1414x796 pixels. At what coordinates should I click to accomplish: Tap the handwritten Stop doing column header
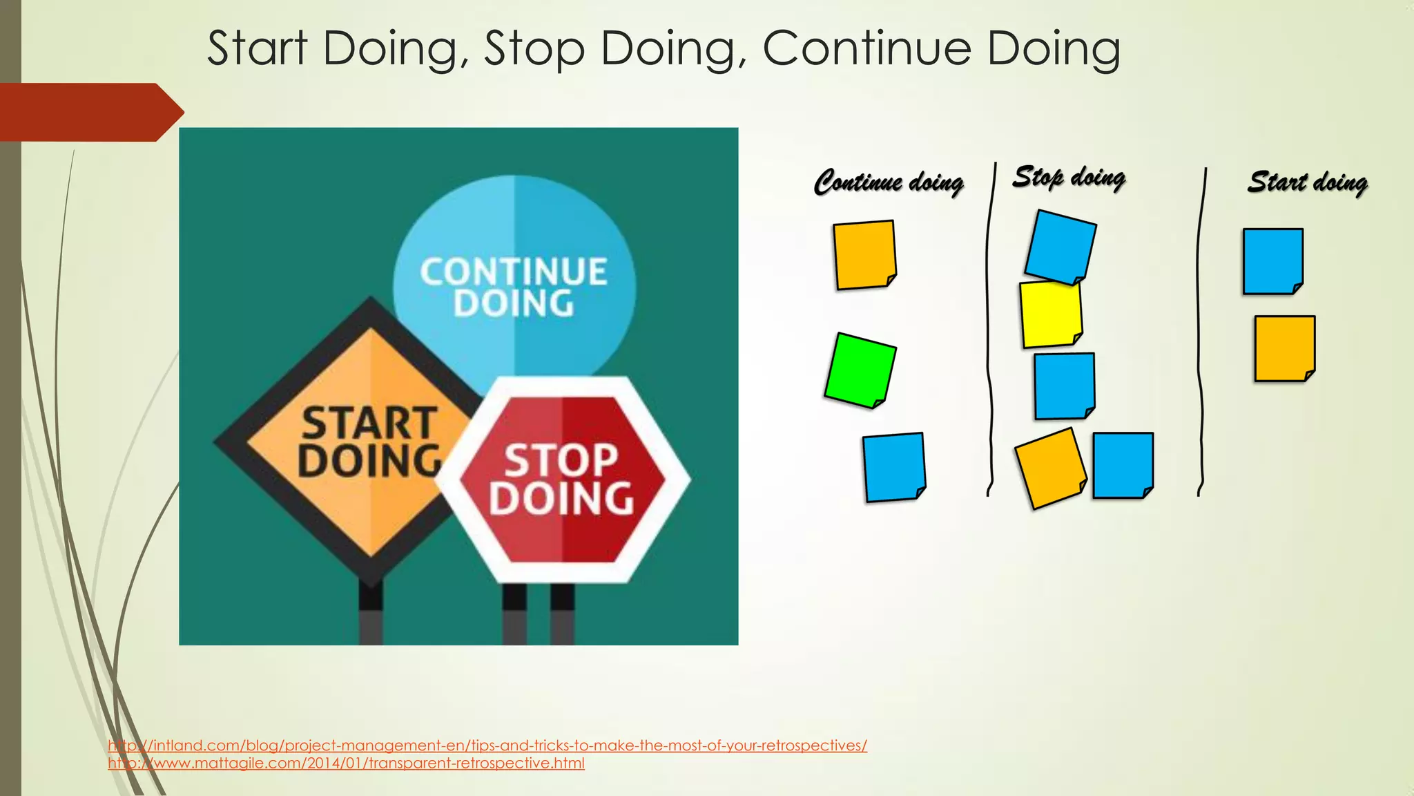tap(1069, 178)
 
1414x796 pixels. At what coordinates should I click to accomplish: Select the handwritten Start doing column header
tap(1307, 182)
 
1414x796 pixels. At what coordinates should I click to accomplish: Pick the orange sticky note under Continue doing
tap(864, 254)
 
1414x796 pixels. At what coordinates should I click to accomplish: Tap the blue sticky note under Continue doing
tap(893, 466)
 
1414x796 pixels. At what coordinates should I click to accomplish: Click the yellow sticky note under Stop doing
tap(1050, 314)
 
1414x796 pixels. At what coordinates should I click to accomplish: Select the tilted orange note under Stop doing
tap(1049, 468)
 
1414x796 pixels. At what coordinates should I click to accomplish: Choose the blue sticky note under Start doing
tap(1272, 261)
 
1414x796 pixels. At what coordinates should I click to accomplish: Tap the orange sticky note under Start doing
tap(1284, 348)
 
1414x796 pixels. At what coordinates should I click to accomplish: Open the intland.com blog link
tap(487, 746)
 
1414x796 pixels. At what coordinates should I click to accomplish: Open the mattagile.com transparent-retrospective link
tap(346, 764)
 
